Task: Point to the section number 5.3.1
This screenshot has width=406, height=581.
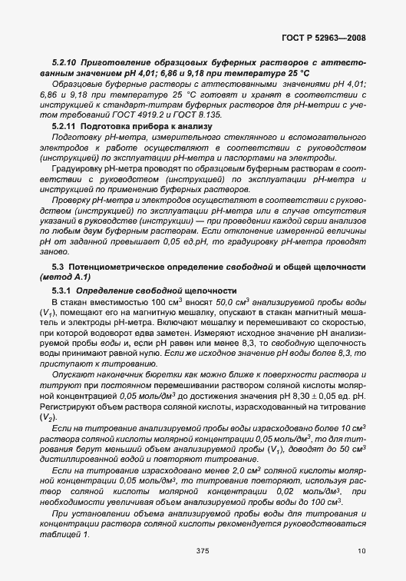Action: click(x=62, y=291)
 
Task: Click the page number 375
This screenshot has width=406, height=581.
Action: click(x=203, y=551)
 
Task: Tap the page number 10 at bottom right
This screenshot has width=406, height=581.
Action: click(x=361, y=551)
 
